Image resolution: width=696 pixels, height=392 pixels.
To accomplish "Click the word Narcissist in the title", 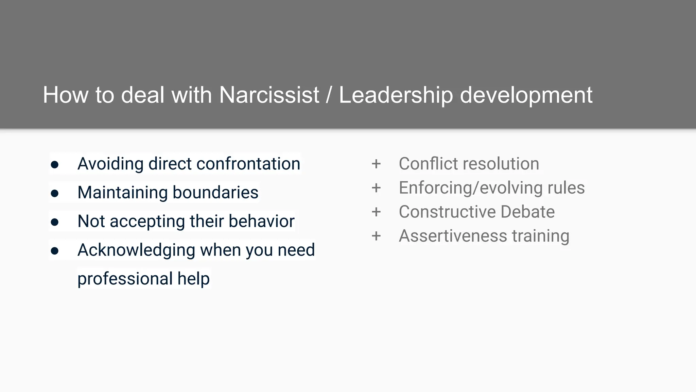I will click(269, 95).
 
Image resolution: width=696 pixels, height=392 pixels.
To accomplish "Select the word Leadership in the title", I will click(396, 95).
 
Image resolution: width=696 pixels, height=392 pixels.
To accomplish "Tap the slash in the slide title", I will click(329, 95).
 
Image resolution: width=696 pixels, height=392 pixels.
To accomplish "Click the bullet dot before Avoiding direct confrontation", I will click(54, 165).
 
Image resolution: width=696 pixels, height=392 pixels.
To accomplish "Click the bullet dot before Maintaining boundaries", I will click(54, 193).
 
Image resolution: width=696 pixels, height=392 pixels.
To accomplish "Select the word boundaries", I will click(215, 192).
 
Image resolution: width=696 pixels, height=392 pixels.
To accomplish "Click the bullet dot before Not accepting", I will click(54, 222).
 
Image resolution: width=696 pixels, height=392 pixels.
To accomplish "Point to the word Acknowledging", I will click(136, 250).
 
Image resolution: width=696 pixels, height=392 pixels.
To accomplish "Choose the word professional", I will click(124, 279).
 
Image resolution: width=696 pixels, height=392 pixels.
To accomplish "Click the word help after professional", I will click(193, 279).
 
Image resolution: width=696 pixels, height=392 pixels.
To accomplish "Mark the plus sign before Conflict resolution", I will click(376, 164).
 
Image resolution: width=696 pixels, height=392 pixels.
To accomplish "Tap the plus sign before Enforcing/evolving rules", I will click(376, 188).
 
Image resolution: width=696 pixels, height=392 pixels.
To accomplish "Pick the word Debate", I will click(527, 212).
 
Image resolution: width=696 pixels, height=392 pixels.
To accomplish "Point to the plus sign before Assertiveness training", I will click(376, 236).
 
